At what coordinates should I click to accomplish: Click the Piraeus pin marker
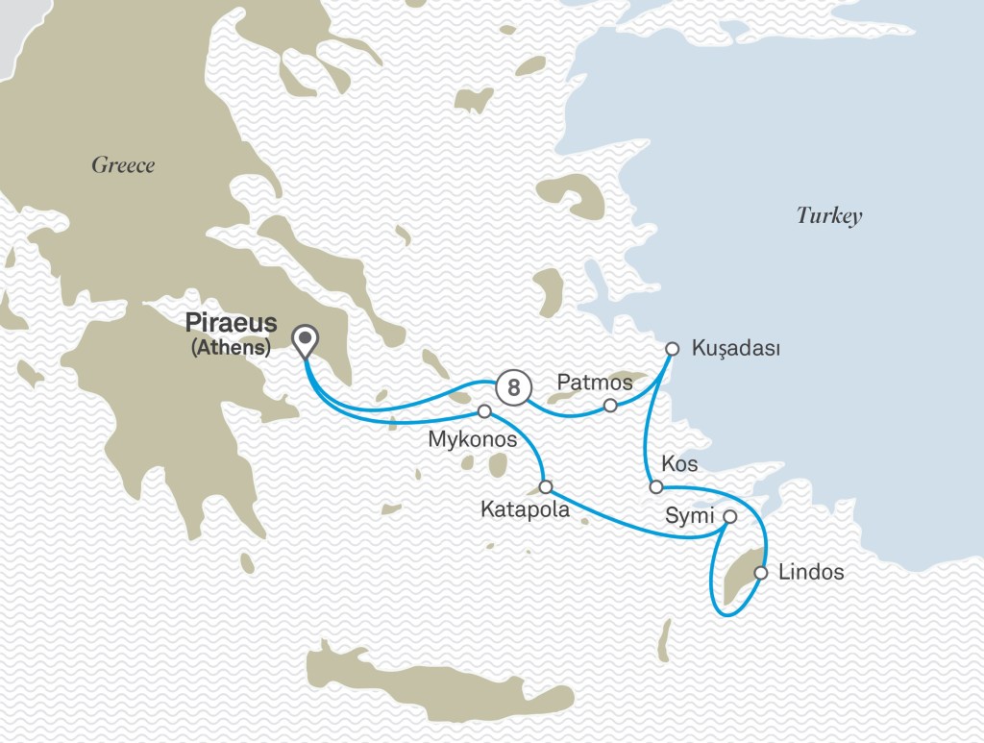click(x=306, y=339)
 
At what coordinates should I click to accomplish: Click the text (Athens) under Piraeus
click(x=231, y=348)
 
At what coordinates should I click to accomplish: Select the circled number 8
click(x=514, y=387)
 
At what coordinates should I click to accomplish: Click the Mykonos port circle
click(x=484, y=411)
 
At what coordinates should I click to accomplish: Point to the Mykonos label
click(x=471, y=440)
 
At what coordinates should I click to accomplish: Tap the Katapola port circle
click(x=546, y=486)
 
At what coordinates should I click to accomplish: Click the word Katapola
click(x=525, y=510)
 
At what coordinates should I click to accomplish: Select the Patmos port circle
click(x=610, y=405)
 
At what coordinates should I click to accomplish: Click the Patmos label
click(x=596, y=383)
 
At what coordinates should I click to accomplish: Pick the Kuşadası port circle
click(x=672, y=349)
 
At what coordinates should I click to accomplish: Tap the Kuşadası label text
click(x=735, y=349)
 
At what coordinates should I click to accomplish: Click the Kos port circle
click(x=654, y=487)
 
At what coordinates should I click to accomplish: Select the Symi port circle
click(x=729, y=516)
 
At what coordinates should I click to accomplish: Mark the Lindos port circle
click(x=761, y=573)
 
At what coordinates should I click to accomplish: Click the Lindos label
click(x=811, y=573)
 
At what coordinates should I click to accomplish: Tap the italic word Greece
click(x=123, y=165)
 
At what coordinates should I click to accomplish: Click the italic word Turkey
click(x=829, y=215)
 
